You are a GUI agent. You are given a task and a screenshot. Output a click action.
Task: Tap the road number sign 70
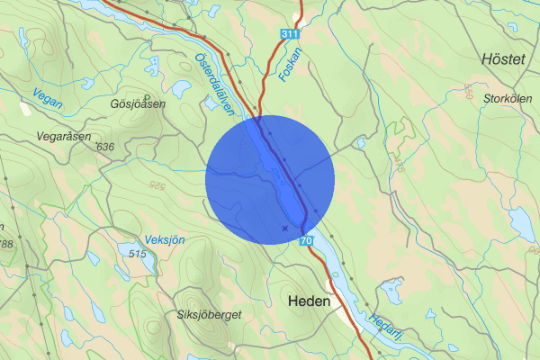click(307, 241)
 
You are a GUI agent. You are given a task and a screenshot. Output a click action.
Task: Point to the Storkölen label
click(502, 97)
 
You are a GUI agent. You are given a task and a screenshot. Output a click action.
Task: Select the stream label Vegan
click(47, 98)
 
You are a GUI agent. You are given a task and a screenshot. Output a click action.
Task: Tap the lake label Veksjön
click(165, 240)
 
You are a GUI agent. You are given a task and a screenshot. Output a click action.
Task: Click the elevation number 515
click(137, 255)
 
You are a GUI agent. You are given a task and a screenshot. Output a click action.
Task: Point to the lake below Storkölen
click(521, 220)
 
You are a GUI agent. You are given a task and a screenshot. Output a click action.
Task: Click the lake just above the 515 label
click(128, 245)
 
